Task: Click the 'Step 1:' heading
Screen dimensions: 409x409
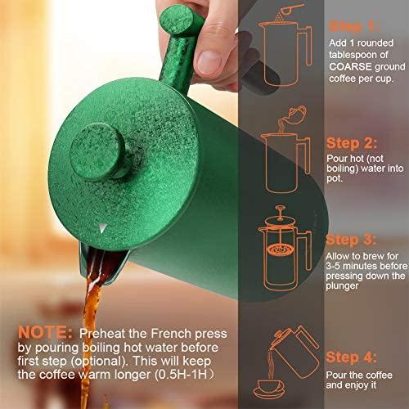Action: tap(354, 27)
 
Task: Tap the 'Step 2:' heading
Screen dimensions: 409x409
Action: tap(352, 143)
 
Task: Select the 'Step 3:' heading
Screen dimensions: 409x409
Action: tap(351, 240)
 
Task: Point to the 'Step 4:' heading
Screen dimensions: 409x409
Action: tap(351, 357)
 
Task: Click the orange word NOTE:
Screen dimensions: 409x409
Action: tap(45, 333)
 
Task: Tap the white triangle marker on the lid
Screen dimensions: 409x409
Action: tap(102, 228)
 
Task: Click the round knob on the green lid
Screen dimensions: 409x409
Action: tap(97, 151)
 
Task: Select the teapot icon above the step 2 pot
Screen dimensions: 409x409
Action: tap(296, 113)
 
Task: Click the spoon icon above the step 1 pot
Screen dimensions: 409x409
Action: tap(290, 11)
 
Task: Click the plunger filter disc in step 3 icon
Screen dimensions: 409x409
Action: tap(280, 249)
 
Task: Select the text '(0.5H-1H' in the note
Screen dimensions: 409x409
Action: tap(181, 375)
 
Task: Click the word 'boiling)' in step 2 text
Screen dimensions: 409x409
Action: tap(342, 169)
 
